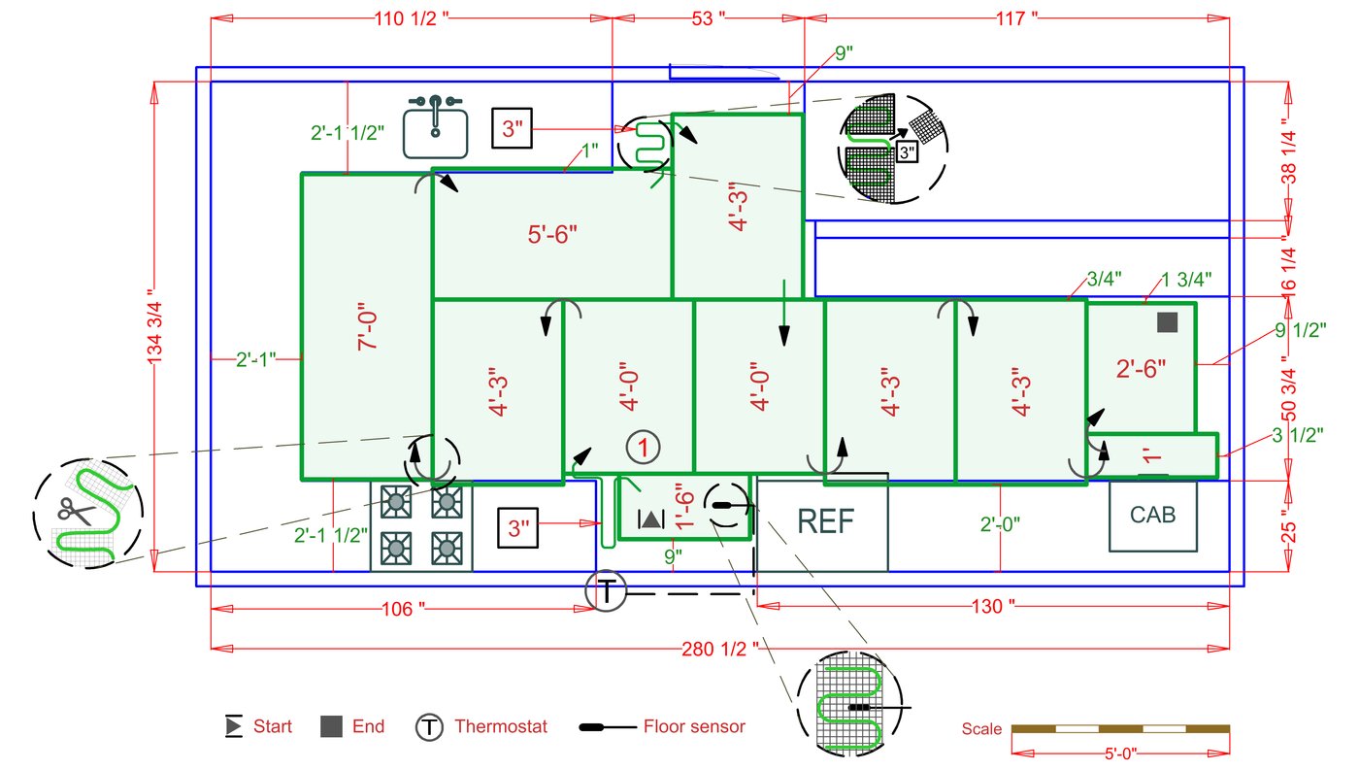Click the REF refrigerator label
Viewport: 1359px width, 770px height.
[825, 521]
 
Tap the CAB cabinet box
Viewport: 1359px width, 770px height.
[1152, 516]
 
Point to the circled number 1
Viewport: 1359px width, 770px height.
[643, 448]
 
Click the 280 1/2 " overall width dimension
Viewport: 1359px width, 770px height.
[720, 648]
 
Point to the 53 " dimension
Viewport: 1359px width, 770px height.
[709, 18]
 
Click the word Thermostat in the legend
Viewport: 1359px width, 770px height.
[500, 726]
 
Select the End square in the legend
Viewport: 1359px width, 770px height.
[332, 726]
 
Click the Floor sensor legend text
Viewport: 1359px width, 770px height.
[694, 726]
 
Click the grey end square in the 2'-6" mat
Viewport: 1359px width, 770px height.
[1168, 323]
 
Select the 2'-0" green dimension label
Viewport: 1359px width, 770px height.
[1000, 524]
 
